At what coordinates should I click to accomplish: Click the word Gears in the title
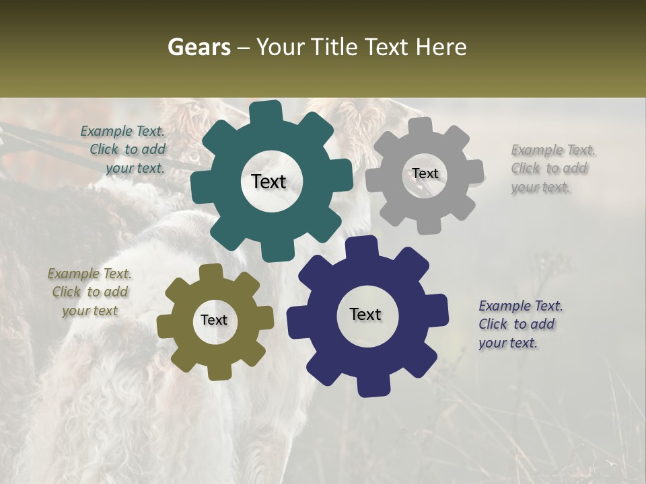199,47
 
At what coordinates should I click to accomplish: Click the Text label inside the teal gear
268,182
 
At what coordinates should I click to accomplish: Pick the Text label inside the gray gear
425,173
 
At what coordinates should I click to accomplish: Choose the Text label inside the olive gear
214,320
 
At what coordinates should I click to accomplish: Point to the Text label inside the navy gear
365,314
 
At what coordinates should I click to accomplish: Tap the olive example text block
89,292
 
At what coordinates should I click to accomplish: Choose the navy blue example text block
520,324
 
